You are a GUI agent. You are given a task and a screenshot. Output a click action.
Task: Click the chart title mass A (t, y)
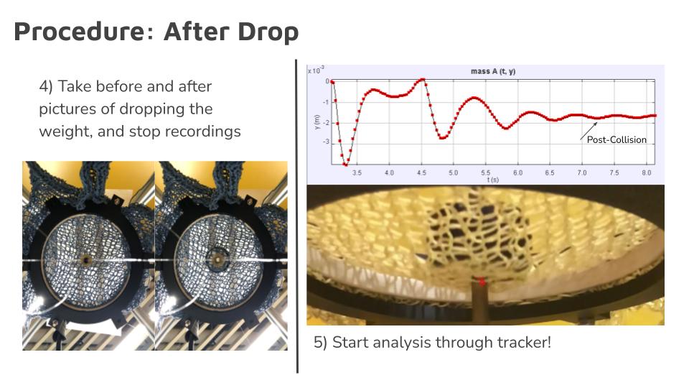tap(493, 71)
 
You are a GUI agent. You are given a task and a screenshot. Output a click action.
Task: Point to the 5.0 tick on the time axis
tap(453, 173)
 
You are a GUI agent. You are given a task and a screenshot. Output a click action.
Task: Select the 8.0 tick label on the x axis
tap(647, 173)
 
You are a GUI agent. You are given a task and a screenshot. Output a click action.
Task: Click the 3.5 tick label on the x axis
tap(357, 173)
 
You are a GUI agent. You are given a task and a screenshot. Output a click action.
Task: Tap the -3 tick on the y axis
tap(326, 142)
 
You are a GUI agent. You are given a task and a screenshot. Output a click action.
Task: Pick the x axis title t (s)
tap(492, 180)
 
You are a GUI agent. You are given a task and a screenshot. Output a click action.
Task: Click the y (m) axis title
tap(317, 122)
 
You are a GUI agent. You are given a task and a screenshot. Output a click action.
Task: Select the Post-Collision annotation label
tap(617, 140)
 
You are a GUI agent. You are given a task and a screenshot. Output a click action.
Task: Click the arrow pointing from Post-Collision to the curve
tap(589, 131)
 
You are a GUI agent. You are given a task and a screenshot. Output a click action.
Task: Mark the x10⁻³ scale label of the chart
tap(316, 70)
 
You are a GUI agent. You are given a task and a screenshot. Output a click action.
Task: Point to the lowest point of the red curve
tap(346, 165)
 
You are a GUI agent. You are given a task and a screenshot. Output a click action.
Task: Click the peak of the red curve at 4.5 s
tap(422, 80)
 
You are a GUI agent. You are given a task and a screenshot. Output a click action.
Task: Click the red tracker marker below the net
tap(481, 281)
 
